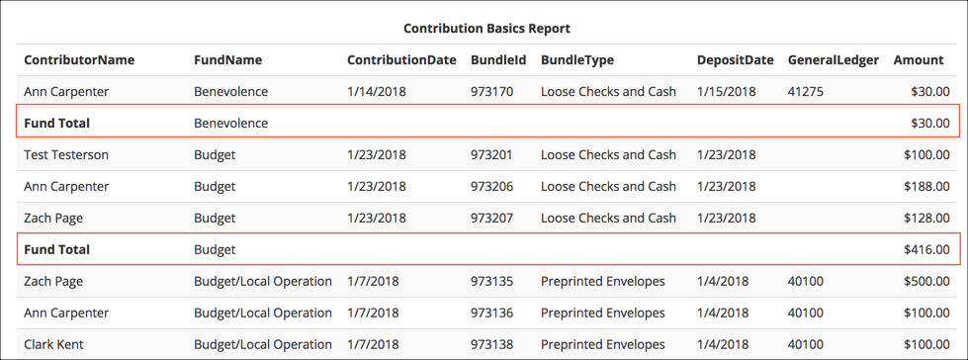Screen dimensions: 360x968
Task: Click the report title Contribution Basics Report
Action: (486, 29)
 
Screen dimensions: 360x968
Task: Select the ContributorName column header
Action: (79, 60)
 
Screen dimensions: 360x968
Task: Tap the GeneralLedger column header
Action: (833, 60)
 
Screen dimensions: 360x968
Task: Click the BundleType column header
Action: (577, 60)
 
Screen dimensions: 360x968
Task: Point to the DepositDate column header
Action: (735, 60)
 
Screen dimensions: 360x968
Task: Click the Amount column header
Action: (918, 60)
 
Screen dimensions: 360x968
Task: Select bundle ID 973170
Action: (491, 92)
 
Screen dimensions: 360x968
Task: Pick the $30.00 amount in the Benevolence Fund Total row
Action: (930, 124)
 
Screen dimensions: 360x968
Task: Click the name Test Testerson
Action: (66, 155)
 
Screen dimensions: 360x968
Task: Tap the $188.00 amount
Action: (926, 187)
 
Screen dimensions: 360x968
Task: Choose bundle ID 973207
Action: (491, 219)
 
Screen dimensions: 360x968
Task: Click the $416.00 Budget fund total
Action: (926, 250)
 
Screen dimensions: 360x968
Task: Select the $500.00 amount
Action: (926, 282)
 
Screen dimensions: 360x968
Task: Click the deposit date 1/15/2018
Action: (726, 92)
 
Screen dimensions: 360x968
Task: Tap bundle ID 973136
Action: (491, 314)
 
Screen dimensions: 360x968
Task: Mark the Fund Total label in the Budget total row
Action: (57, 250)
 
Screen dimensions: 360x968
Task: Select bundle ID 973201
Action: (491, 155)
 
